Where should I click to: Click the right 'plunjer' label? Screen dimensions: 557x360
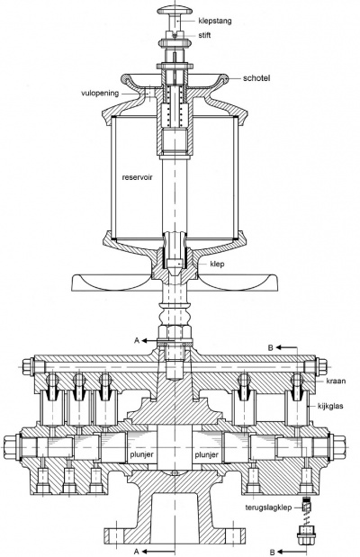pos(208,443)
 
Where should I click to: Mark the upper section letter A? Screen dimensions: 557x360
pos(135,342)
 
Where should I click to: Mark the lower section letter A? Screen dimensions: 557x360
pos(135,549)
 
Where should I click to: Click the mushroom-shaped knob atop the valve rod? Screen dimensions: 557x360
pos(176,12)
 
